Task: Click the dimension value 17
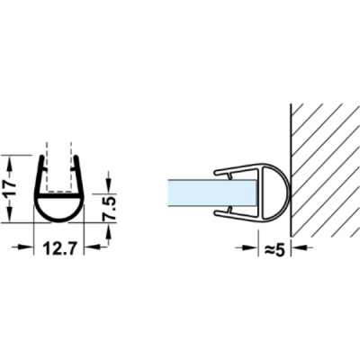coord(11,189)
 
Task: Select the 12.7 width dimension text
coord(58,248)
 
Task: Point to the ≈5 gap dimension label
coord(274,250)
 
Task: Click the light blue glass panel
coord(211,193)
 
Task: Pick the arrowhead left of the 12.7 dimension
coord(25,247)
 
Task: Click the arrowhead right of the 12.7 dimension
coord(91,247)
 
